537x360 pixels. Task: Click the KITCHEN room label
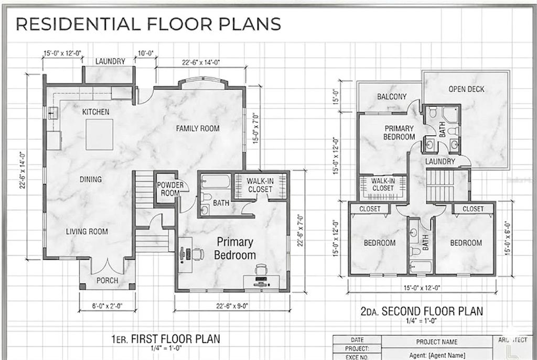(x=95, y=112)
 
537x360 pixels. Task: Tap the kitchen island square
(x=99, y=135)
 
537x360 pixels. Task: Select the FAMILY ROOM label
(x=197, y=128)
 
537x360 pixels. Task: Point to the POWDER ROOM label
(x=170, y=189)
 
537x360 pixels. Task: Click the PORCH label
(x=107, y=280)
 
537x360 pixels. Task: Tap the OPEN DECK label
(x=466, y=89)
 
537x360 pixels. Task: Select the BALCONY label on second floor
(x=392, y=97)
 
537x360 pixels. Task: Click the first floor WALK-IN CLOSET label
(x=260, y=185)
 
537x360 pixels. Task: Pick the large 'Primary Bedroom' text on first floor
(x=235, y=249)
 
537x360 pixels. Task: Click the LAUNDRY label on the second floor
(x=440, y=161)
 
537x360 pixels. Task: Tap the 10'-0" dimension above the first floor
(x=146, y=53)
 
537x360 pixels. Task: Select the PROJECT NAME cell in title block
(x=436, y=342)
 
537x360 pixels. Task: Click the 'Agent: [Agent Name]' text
(x=436, y=355)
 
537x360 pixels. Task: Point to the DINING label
(x=91, y=180)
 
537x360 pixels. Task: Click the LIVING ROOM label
(x=87, y=232)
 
